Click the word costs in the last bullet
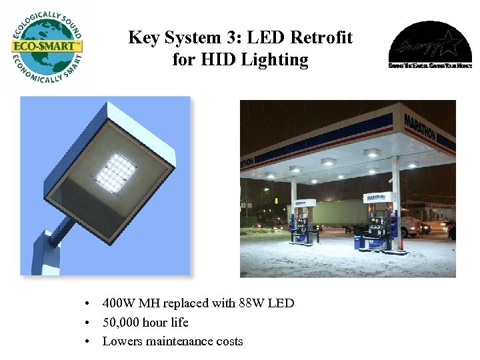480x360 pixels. [x=229, y=341]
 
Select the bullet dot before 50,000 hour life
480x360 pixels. [x=88, y=323]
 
